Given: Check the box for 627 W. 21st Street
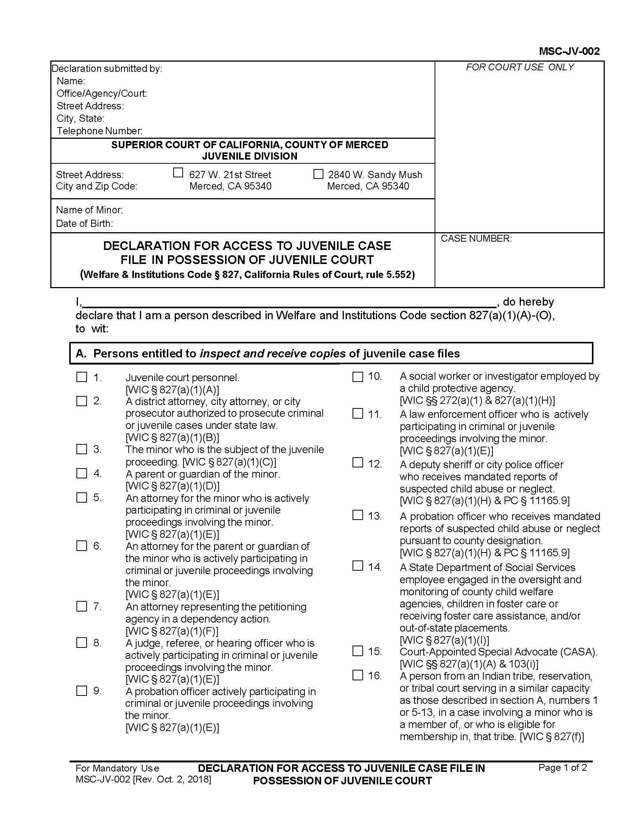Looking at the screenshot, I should [178, 173].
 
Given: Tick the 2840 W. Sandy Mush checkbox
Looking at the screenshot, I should [318, 174].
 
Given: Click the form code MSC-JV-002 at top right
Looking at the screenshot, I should [569, 51].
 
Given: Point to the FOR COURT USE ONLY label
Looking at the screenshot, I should [520, 67].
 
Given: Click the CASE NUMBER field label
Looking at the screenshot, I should [476, 239].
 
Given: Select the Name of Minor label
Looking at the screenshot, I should [89, 210].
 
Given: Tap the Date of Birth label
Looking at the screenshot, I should [84, 224].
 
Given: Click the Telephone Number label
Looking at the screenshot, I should [99, 131].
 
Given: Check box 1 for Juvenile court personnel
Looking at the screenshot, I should [82, 377].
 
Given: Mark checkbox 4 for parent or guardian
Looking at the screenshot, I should [82, 473].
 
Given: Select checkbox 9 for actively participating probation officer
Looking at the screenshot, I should [82, 691].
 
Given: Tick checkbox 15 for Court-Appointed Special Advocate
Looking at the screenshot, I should [358, 651].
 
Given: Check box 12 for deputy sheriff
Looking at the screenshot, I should [358, 463].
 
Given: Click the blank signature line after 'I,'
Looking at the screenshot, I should [289, 303].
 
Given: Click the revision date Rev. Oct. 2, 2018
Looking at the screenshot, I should [172, 779].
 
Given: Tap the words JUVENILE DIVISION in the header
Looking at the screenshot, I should [250, 156].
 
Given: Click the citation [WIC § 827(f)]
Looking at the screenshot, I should [552, 737].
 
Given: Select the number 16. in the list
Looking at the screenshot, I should [375, 676].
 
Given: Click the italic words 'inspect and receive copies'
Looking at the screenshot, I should [273, 354].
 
